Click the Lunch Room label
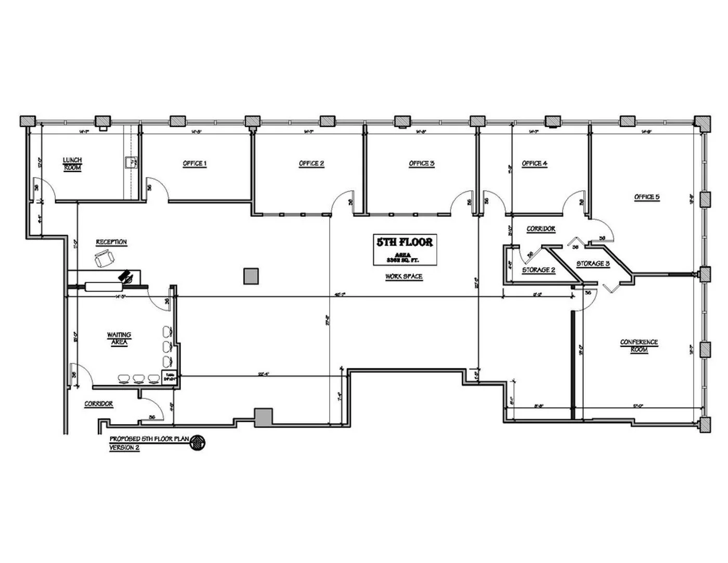[x=72, y=164]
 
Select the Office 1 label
[x=194, y=163]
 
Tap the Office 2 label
[x=311, y=163]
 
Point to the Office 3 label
[x=422, y=163]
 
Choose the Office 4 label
[x=535, y=163]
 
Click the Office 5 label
[x=647, y=197]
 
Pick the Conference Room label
[x=639, y=346]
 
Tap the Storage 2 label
[x=539, y=270]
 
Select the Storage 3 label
[x=593, y=264]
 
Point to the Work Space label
[x=404, y=276]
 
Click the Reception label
[x=111, y=242]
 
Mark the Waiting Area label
[x=119, y=338]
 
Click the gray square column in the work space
[x=251, y=276]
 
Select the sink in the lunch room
[x=132, y=163]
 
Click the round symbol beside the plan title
[x=198, y=443]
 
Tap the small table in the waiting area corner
[x=170, y=377]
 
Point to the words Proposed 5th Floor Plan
[x=149, y=439]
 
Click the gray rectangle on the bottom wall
[x=264, y=417]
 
